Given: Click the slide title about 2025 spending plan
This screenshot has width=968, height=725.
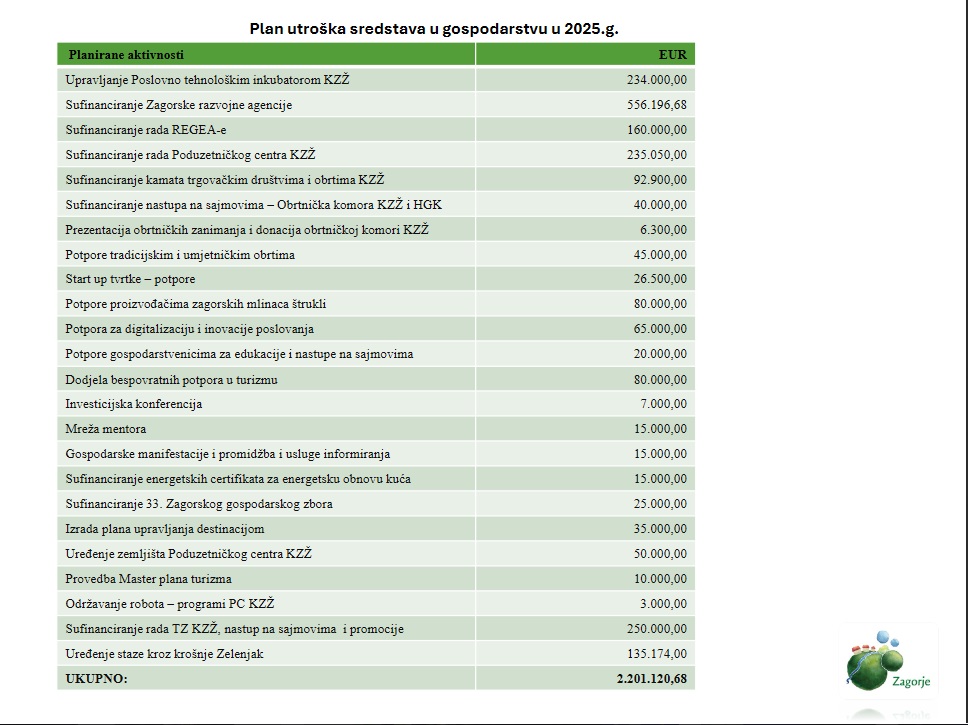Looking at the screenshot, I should pyautogui.click(x=434, y=28).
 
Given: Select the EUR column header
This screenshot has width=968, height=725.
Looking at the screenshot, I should pyautogui.click(x=672, y=54).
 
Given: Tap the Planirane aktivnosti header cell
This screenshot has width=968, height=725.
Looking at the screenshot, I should pyautogui.click(x=126, y=54).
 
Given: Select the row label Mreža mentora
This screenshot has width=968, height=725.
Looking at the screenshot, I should pyautogui.click(x=106, y=429).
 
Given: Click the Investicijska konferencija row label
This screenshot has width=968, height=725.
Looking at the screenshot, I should pyautogui.click(x=134, y=404).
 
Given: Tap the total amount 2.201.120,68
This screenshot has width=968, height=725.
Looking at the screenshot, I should pyautogui.click(x=652, y=679).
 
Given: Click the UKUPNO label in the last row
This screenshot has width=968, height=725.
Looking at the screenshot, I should pyautogui.click(x=97, y=679).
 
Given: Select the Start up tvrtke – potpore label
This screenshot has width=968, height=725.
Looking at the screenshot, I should pyautogui.click(x=130, y=279).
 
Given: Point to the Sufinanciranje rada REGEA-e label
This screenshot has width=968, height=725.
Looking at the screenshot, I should pyautogui.click(x=146, y=130).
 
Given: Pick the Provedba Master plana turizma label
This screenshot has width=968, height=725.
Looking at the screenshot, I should pyautogui.click(x=148, y=579).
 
